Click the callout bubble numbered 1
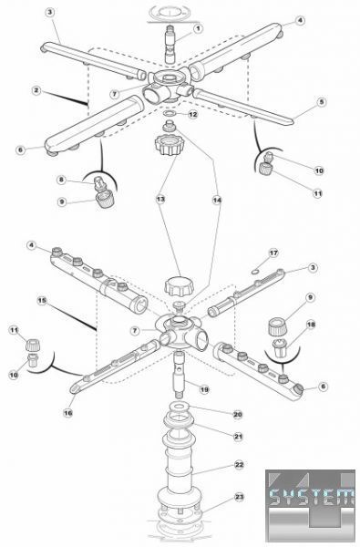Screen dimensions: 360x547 point(198,28)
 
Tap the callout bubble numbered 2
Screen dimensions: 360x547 point(36,90)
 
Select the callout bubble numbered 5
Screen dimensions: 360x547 point(322,102)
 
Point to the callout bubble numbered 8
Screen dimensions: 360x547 point(61,180)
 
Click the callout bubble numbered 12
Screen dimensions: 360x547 point(193,115)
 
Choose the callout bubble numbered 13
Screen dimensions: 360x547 point(160,199)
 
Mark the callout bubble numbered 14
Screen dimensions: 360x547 point(217,200)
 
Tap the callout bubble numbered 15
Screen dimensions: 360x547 point(42,300)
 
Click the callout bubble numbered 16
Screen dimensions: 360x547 point(68,413)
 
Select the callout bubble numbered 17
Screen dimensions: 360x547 point(273,253)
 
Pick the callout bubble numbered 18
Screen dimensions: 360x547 point(311,325)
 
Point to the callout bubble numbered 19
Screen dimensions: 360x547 point(204,389)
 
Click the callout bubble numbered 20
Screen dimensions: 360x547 point(238,415)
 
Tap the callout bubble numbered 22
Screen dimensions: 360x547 point(239,465)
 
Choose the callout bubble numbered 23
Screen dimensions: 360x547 point(239,497)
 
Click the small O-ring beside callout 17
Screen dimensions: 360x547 point(255,270)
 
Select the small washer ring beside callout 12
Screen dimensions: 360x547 point(170,113)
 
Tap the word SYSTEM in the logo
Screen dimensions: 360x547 point(308,496)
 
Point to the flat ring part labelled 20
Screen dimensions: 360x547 point(179,407)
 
